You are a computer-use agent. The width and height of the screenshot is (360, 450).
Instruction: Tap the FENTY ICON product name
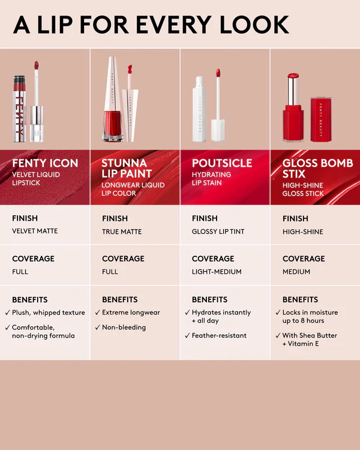click(x=45, y=163)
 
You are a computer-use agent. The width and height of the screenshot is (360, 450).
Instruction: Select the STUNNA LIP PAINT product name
click(x=127, y=168)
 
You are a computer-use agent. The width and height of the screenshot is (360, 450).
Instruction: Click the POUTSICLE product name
click(x=222, y=163)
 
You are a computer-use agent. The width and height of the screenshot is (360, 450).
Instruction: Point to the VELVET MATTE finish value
click(x=35, y=231)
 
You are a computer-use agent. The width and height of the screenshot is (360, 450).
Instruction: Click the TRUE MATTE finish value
click(x=122, y=231)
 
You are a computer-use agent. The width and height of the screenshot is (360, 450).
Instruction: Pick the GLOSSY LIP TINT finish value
click(x=218, y=231)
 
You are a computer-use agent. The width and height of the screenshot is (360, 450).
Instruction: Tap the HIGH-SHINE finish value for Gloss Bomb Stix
click(x=302, y=231)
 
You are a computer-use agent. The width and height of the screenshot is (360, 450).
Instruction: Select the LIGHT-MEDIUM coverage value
click(x=217, y=272)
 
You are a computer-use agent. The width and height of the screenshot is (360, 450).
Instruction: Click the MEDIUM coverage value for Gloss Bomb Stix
click(x=296, y=272)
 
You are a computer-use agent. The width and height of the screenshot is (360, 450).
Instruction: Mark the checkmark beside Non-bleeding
click(x=97, y=328)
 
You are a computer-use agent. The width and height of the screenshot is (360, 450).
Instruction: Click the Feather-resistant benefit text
click(x=219, y=335)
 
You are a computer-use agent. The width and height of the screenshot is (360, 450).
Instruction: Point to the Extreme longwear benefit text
click(x=131, y=313)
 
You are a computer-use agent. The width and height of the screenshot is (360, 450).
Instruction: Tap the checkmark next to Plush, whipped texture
click(x=7, y=313)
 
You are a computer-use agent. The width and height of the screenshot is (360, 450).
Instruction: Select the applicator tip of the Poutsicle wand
click(x=218, y=74)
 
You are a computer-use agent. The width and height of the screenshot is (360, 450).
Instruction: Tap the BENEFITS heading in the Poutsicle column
click(x=209, y=299)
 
